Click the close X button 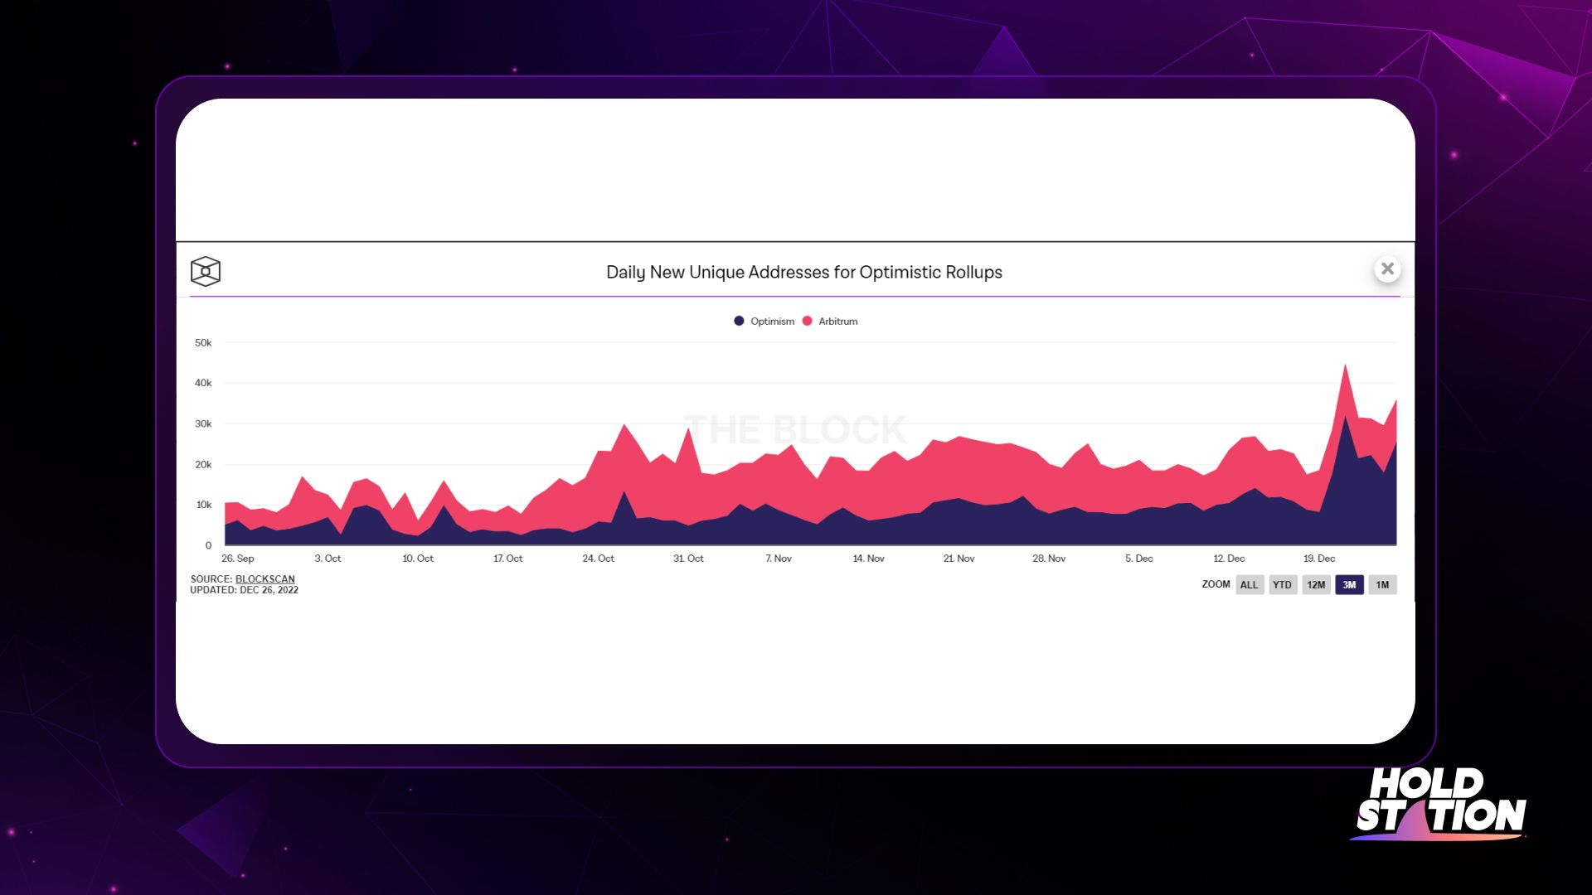tap(1387, 268)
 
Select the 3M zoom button tap(1349, 585)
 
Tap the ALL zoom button tap(1250, 585)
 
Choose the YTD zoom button tap(1283, 585)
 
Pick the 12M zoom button tap(1316, 585)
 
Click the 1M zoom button tap(1382, 585)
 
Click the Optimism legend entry tap(764, 322)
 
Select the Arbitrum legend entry tap(830, 322)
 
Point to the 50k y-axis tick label tap(203, 343)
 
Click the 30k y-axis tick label tap(203, 424)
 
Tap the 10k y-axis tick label tap(203, 506)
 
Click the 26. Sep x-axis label tap(238, 559)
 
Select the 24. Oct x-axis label tap(599, 559)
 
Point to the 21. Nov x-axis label tap(959, 559)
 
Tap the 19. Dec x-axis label tap(1319, 559)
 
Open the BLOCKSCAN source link tap(265, 579)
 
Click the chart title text tap(804, 272)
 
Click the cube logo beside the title tap(206, 271)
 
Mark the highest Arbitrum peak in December tap(1345, 365)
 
